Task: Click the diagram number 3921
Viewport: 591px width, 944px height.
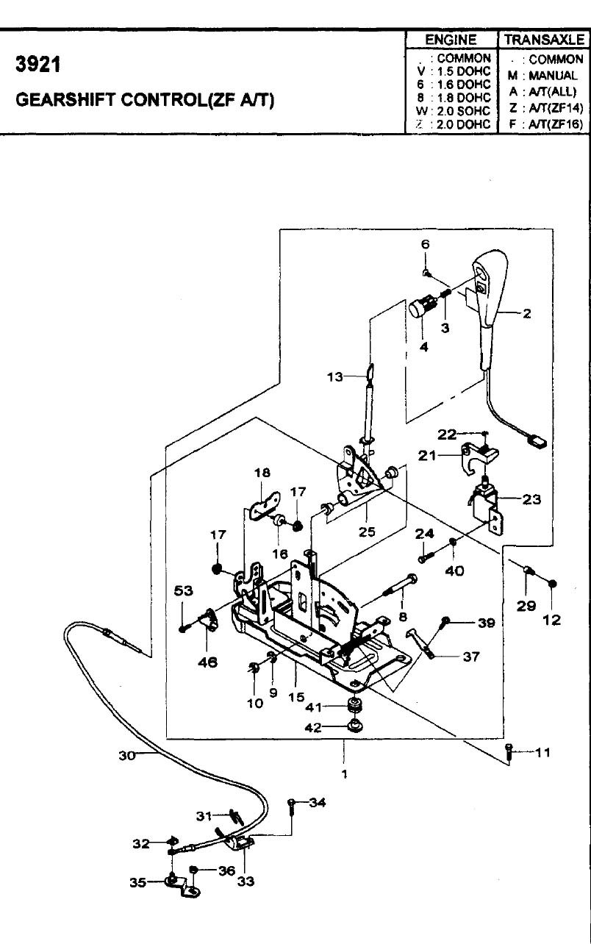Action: (38, 65)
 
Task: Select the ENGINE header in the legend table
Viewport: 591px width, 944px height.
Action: (451, 40)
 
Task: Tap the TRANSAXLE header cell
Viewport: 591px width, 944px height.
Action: (544, 40)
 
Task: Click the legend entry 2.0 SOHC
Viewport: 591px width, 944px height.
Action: (463, 111)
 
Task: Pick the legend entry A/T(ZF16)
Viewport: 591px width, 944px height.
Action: (556, 124)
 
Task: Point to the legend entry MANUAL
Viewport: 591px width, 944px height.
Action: (553, 76)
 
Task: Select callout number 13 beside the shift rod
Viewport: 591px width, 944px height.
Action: (335, 376)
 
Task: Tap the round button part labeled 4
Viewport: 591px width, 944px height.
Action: (419, 310)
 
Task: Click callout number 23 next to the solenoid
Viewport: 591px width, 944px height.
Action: (531, 499)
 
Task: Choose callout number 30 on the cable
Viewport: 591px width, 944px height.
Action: (126, 756)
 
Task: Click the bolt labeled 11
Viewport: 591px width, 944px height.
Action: (509, 752)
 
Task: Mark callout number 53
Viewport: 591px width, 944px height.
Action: (183, 590)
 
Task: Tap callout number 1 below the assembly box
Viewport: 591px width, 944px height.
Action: (345, 773)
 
